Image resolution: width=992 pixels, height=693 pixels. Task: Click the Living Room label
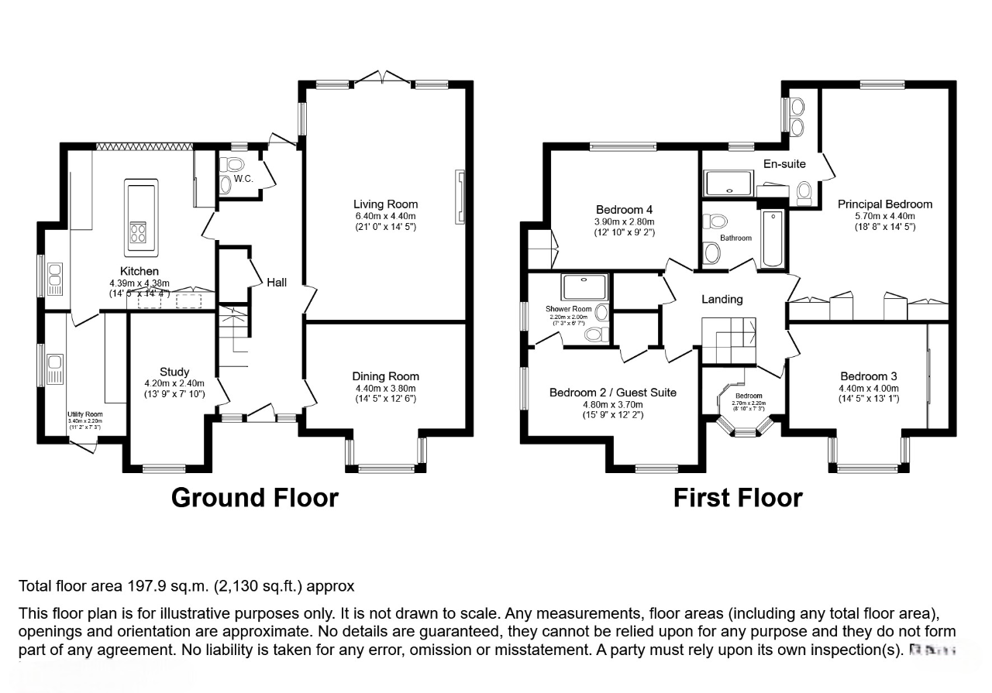click(x=385, y=204)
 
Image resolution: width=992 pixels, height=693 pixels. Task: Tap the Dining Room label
click(x=385, y=376)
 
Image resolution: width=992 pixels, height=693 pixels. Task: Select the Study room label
click(x=174, y=372)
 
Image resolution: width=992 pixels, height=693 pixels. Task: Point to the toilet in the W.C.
click(x=232, y=165)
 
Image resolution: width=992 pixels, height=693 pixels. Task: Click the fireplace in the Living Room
click(x=460, y=197)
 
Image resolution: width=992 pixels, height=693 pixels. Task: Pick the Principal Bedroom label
click(x=884, y=204)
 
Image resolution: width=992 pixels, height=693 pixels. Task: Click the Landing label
click(x=722, y=299)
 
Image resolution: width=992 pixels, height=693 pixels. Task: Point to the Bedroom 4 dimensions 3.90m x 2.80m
click(x=624, y=221)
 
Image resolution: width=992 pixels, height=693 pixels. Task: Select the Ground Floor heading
click(x=254, y=497)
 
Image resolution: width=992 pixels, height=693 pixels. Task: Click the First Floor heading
click(x=737, y=497)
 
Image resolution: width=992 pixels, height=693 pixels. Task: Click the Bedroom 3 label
click(x=868, y=376)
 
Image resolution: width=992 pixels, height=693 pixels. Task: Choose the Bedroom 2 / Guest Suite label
click(x=612, y=393)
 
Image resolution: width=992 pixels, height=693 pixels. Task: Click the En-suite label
click(x=784, y=163)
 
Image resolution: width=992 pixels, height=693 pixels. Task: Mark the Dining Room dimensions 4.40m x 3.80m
click(x=385, y=389)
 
